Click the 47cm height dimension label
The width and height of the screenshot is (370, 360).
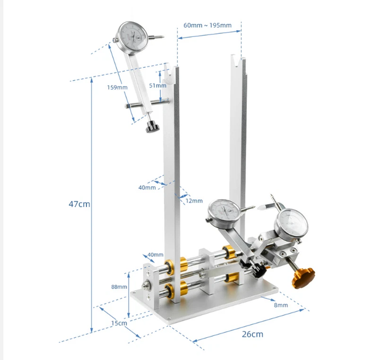80,204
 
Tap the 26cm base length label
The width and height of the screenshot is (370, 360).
252,334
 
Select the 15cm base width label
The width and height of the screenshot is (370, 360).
119,323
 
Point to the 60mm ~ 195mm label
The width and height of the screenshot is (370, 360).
207,25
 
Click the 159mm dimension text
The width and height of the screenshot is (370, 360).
117,88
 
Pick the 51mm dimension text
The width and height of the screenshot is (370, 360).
158,86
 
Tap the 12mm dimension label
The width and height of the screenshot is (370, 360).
194,201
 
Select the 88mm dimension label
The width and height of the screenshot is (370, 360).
119,287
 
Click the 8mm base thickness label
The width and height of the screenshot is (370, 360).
281,305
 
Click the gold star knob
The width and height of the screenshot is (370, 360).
303,279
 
